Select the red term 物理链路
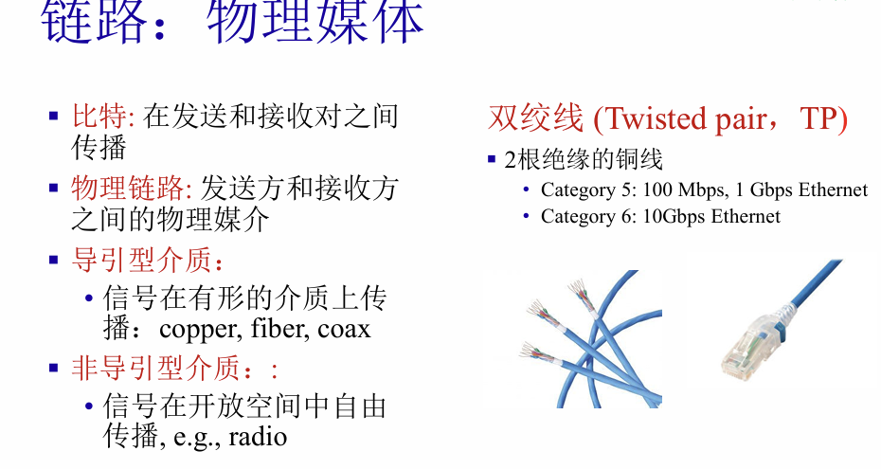pyautogui.click(x=128, y=188)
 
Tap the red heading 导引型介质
pyautogui.click(x=141, y=260)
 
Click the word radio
pyautogui.click(x=258, y=437)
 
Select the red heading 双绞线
pyautogui.click(x=535, y=118)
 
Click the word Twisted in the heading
pyautogui.click(x=656, y=119)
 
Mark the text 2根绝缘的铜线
pyautogui.click(x=584, y=159)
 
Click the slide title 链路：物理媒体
pyautogui.click(x=231, y=23)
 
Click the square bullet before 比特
pyautogui.click(x=53, y=117)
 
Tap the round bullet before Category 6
pyautogui.click(x=526, y=216)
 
